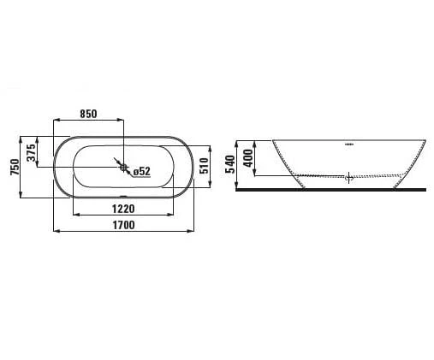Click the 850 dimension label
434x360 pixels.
point(88,114)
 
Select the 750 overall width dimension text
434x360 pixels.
point(15,167)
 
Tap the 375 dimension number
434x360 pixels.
point(32,152)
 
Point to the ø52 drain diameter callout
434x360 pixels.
point(142,171)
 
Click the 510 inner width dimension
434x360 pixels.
point(205,166)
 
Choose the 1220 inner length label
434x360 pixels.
point(123,209)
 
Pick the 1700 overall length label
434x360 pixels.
point(123,225)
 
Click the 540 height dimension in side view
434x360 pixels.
point(230,164)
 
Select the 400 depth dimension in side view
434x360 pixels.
point(248,158)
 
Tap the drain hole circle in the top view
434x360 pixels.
point(123,168)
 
